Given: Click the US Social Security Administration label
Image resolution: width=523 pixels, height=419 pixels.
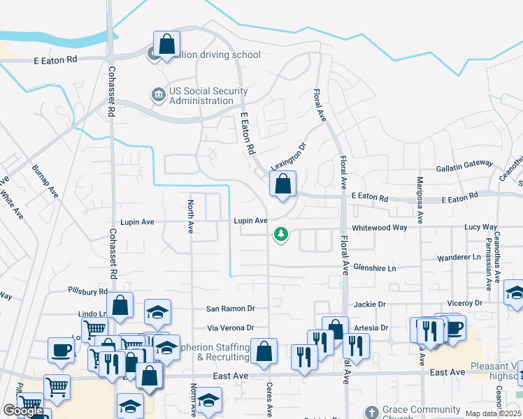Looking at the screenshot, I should tap(200, 96).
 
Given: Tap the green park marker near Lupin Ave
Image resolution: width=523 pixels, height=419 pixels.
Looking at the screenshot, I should tap(281, 235).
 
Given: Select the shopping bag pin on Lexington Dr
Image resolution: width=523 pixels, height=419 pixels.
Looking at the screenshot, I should tap(282, 186).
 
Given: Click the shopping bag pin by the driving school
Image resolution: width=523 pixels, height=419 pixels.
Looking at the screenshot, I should tap(166, 45).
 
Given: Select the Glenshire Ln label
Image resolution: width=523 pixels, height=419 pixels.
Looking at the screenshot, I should tap(375, 268).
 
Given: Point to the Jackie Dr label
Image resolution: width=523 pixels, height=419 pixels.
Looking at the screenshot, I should tap(370, 304).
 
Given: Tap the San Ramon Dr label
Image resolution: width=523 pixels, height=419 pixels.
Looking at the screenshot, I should tap(231, 309).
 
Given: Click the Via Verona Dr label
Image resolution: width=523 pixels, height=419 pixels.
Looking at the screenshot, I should tap(229, 328).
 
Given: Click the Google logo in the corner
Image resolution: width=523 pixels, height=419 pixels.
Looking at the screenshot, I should tap(23, 411).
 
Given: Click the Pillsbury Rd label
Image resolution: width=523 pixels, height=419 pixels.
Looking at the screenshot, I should tap(88, 291).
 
